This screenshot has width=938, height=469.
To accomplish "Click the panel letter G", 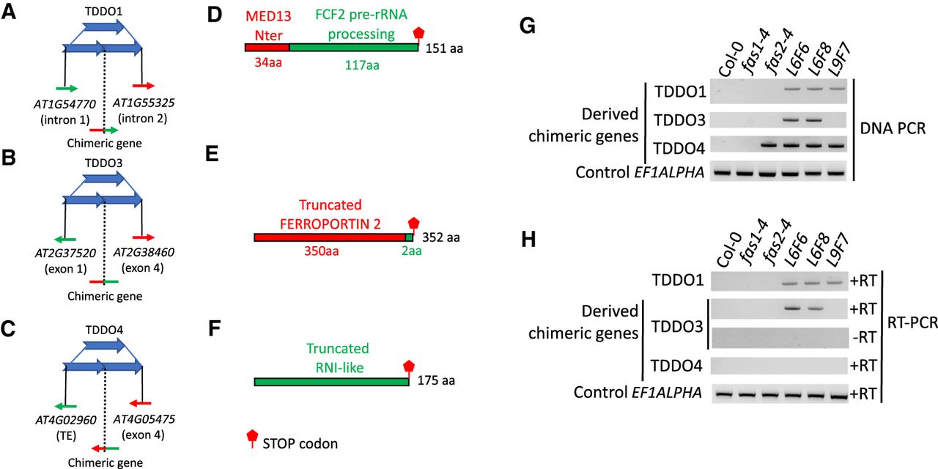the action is [528, 26].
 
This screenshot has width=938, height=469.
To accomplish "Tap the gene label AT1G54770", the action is [65, 104].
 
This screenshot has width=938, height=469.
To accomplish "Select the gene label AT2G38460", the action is [144, 252].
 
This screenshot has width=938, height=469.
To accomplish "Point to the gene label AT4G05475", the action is [144, 419].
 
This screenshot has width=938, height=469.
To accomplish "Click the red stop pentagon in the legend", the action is [252, 437].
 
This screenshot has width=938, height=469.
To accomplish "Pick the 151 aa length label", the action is [444, 48].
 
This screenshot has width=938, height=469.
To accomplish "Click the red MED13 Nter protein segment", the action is [267, 48].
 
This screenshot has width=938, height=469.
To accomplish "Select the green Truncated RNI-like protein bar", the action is [332, 382].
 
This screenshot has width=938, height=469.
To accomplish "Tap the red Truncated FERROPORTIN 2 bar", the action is [330, 238].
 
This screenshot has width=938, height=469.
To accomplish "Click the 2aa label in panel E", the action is [411, 251].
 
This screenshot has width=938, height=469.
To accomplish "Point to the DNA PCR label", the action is [893, 128].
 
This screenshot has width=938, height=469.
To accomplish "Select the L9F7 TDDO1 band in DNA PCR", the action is [836, 89].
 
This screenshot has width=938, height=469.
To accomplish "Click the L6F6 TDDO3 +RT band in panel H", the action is [790, 309].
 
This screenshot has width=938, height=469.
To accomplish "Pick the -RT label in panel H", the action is [864, 337].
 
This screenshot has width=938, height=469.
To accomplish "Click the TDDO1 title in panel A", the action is [103, 11].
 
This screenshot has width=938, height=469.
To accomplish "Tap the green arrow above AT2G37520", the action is [65, 240].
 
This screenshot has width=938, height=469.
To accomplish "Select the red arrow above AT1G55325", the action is [144, 86].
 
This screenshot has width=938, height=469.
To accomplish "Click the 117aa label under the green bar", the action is [362, 65].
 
